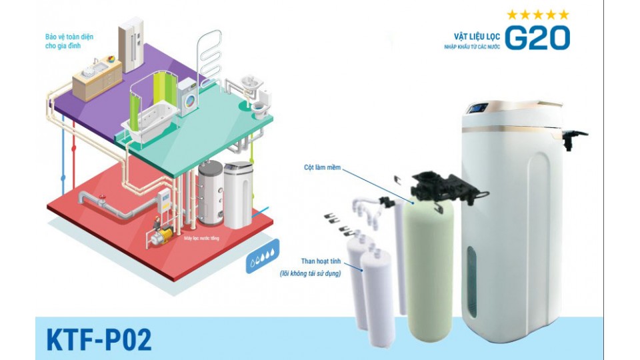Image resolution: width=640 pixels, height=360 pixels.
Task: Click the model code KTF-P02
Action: (x=99, y=339)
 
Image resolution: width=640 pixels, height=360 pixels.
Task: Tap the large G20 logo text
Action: (x=537, y=37)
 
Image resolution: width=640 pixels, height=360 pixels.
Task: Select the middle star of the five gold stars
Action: (x=537, y=14)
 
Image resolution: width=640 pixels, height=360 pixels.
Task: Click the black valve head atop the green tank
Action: (x=440, y=186)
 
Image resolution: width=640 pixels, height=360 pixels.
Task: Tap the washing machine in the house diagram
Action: (x=188, y=95)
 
